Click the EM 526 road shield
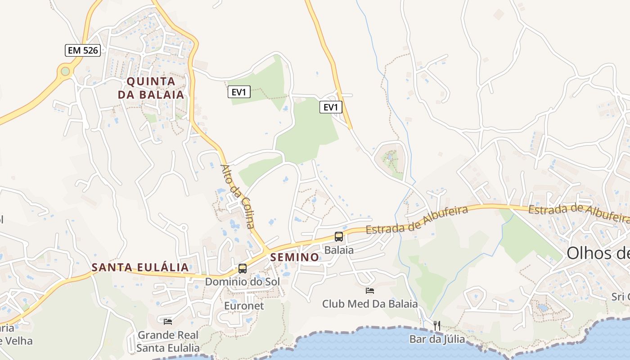[x=83, y=50]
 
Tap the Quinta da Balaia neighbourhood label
[x=151, y=88]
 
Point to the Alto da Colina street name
[x=238, y=196]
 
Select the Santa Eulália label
[x=140, y=268]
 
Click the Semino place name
[x=295, y=257]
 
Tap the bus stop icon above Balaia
[x=339, y=237]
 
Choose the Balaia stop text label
[x=339, y=250]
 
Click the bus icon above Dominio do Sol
[x=243, y=269]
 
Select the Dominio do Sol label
[x=242, y=282]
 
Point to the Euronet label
[x=244, y=306]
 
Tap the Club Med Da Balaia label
[x=370, y=304]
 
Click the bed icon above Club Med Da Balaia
[x=370, y=291]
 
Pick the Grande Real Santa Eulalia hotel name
[x=168, y=342]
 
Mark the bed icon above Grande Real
[x=168, y=321]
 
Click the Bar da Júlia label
[x=437, y=339]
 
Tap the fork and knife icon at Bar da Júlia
[x=436, y=325]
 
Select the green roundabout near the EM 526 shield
[x=66, y=71]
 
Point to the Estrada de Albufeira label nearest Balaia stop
[x=417, y=220]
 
